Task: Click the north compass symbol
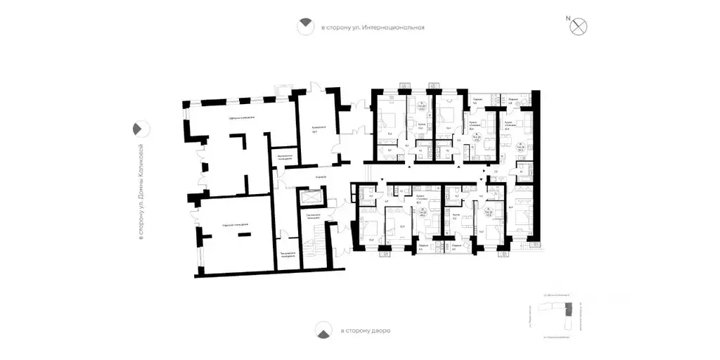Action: coord(579,26)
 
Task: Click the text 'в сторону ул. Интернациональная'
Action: coord(373,28)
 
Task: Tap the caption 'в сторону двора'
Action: coord(365,330)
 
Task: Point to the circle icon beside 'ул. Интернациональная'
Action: coord(304,27)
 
